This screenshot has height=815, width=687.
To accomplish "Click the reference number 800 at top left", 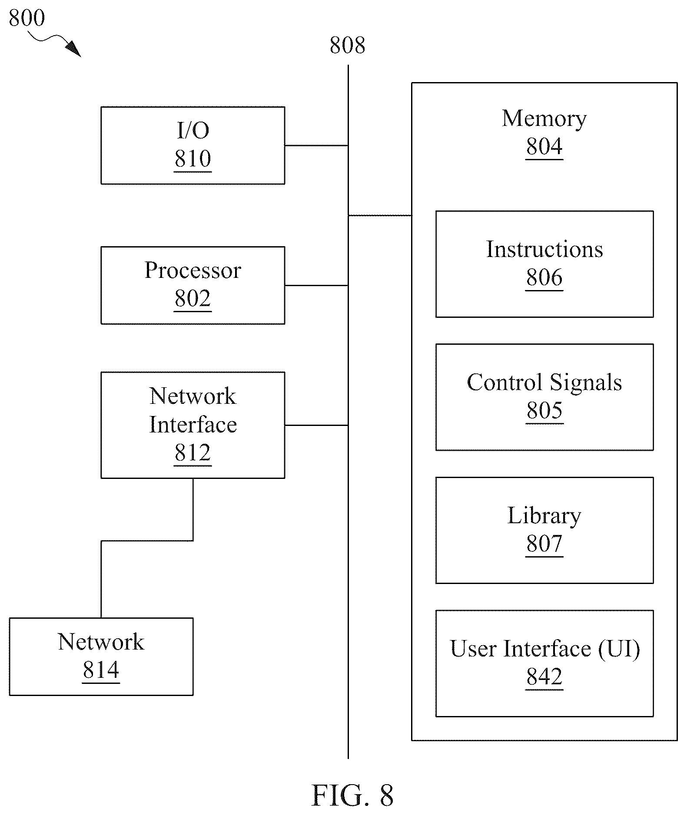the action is pos(27,18).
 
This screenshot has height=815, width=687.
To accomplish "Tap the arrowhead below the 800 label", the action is pos(73,49).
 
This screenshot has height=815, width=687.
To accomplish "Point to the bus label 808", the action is pos(347,45).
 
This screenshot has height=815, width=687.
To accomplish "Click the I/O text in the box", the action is pos(193,130).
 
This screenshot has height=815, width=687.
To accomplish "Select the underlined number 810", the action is pos(192,158).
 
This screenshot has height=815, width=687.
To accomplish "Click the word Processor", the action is pos(192,270).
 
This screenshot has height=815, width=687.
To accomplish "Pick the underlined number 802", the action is pos(192,298).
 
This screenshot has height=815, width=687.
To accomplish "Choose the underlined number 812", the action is pos(192,452).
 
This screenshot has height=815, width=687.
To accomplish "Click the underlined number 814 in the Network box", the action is pos(101,670).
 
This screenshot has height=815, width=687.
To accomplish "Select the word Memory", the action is pos(544,119).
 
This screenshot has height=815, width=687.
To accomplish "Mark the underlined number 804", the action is pos(544,146).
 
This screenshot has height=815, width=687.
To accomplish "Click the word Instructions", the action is pos(544,249).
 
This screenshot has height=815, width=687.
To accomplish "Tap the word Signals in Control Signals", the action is pos(586,383).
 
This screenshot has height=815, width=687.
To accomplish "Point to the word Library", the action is pos(544,516).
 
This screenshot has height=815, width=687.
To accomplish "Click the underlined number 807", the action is pos(544,543).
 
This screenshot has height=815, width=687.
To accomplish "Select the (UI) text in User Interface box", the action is pos(619,649).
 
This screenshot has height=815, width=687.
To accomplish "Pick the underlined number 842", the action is pos(544,676).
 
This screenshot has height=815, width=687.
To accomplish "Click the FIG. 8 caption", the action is pos(352,795).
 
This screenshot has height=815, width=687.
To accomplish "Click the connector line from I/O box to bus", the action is pos(316,145).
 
